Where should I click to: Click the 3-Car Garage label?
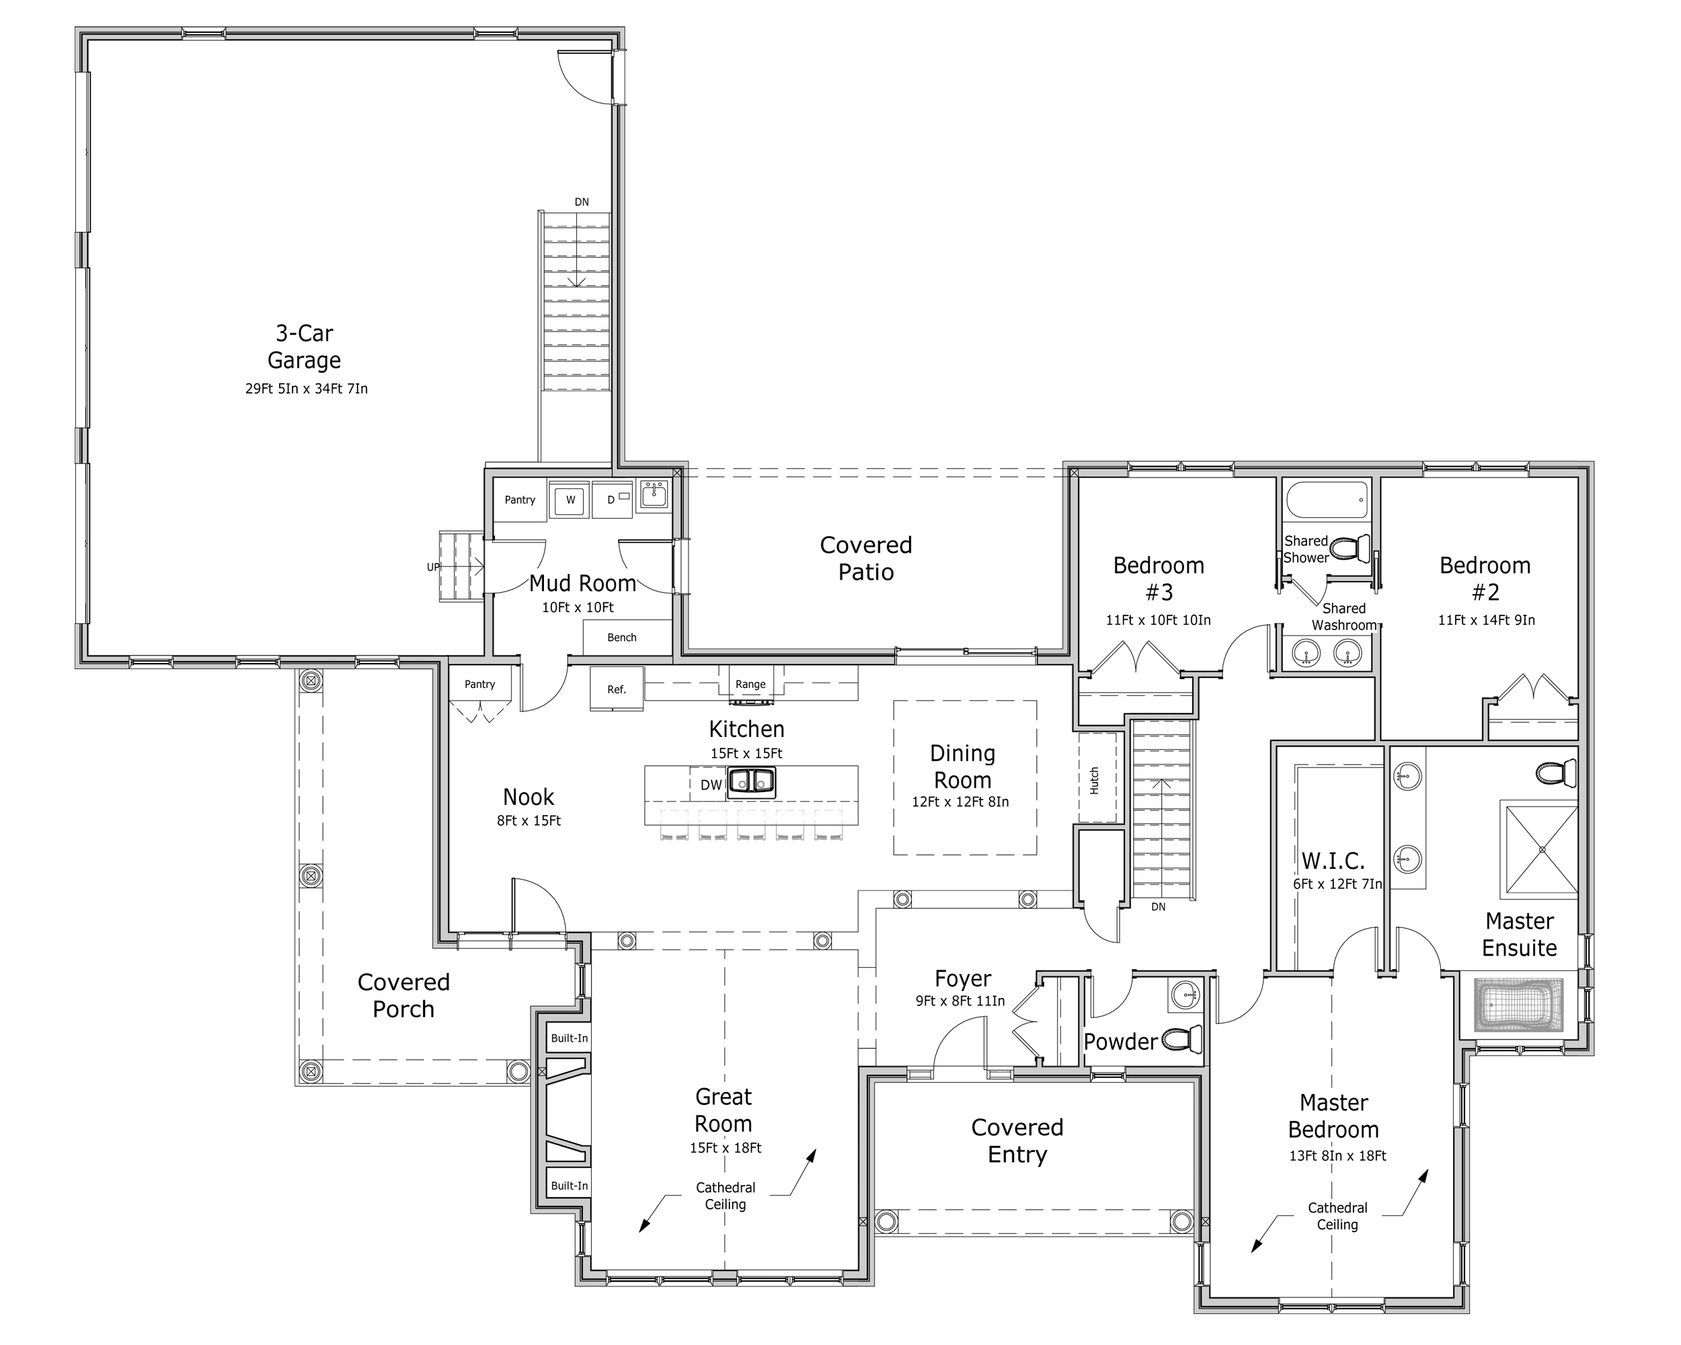304,347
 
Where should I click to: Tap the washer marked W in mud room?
570,500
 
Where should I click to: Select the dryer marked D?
612,500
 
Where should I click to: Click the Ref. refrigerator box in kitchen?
617,689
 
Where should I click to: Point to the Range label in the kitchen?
750,685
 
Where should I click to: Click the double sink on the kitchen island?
751,782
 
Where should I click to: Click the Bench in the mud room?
621,637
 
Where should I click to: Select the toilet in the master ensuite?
1556,773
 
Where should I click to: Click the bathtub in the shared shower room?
1326,500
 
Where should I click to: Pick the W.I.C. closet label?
1333,861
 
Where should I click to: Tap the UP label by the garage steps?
433,567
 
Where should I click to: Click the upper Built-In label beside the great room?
569,1038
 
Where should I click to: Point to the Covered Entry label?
1017,1140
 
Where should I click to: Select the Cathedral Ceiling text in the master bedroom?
1337,1216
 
